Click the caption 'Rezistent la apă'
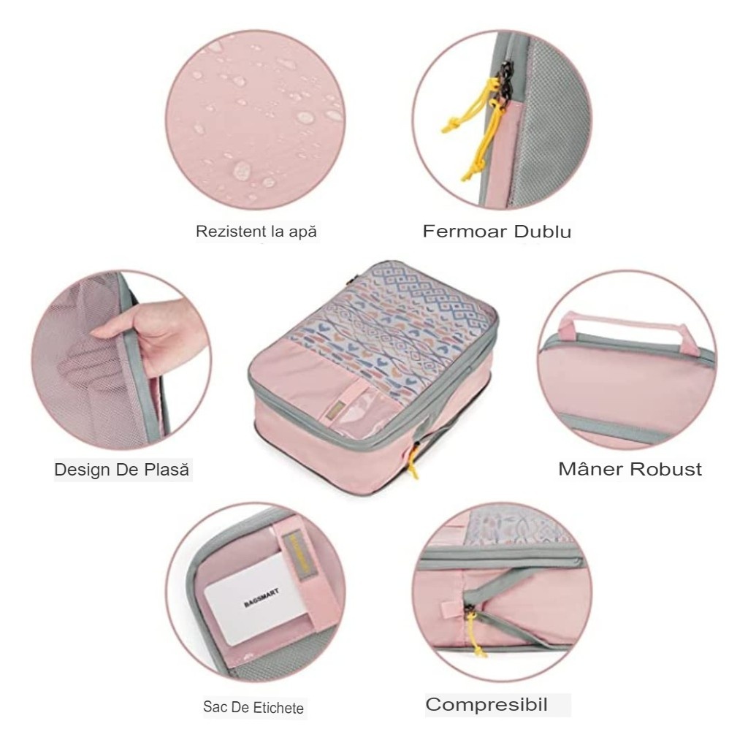pos(256,232)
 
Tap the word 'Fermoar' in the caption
pos(465,231)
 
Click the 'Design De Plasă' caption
pos(122,470)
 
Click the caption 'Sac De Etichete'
pos(253,707)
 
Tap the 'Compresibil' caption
pos(486,705)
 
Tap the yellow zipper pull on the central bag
pos(413,462)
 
